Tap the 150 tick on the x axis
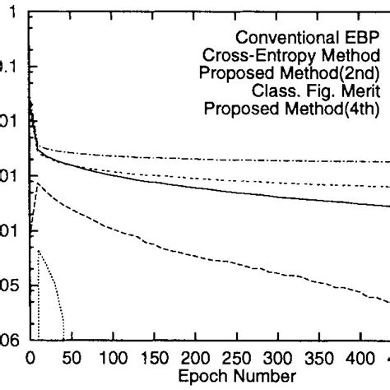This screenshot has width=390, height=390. click(152, 358)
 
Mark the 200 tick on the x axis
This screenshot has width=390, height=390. click(194, 358)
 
